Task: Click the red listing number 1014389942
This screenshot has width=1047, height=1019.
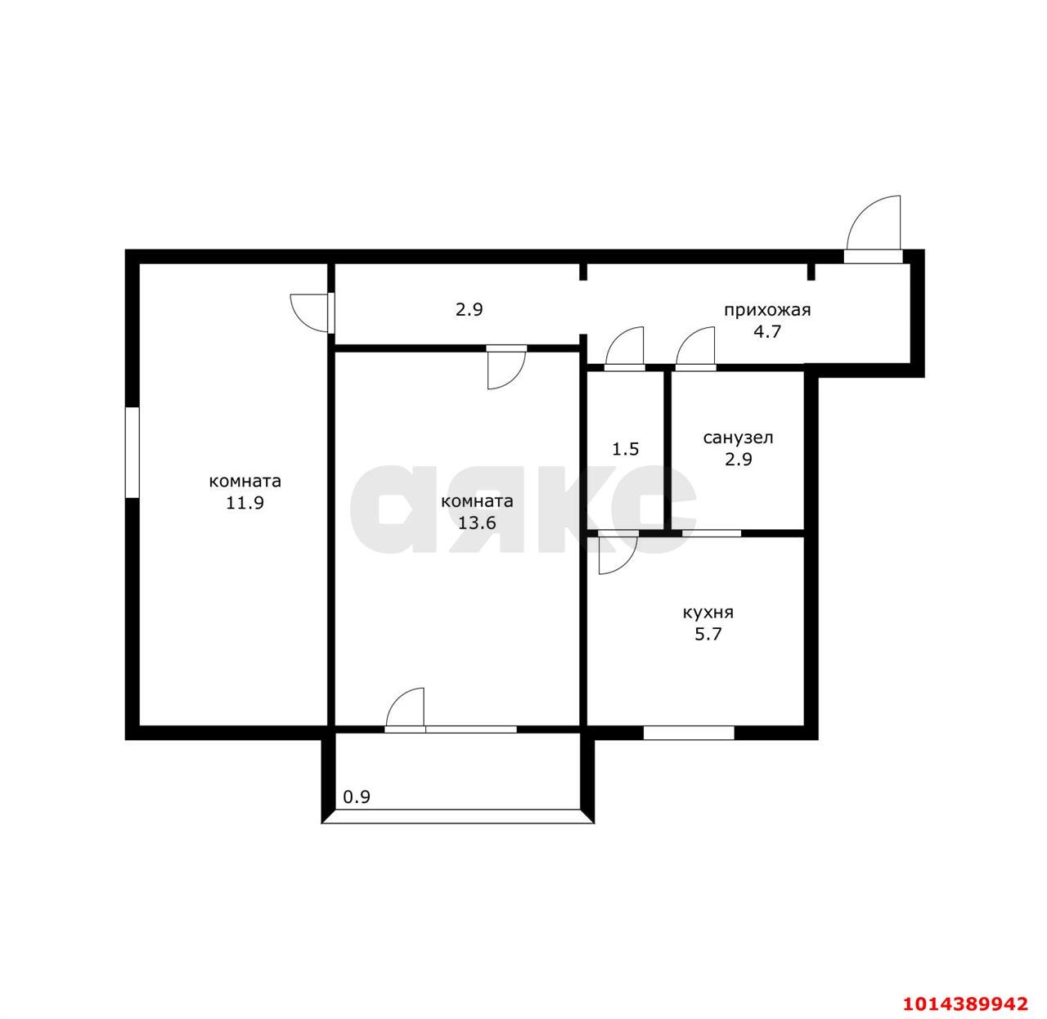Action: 964,1003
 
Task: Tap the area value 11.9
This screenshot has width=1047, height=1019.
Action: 245,503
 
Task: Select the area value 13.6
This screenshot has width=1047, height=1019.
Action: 476,523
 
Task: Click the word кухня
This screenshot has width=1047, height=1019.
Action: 708,613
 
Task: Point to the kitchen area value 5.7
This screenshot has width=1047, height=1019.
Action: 708,635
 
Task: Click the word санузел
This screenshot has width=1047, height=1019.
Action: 738,438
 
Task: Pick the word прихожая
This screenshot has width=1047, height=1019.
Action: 766,311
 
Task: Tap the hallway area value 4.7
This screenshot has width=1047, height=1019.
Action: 766,331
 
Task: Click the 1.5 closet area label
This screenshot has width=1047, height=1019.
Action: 625,449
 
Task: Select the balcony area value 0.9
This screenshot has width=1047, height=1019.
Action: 356,797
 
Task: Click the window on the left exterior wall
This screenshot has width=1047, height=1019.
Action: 133,452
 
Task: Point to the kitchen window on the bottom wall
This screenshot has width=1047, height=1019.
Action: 689,733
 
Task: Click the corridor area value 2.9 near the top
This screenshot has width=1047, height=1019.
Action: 470,310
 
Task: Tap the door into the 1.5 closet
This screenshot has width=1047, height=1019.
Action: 624,348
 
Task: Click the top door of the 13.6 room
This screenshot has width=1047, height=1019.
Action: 507,367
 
